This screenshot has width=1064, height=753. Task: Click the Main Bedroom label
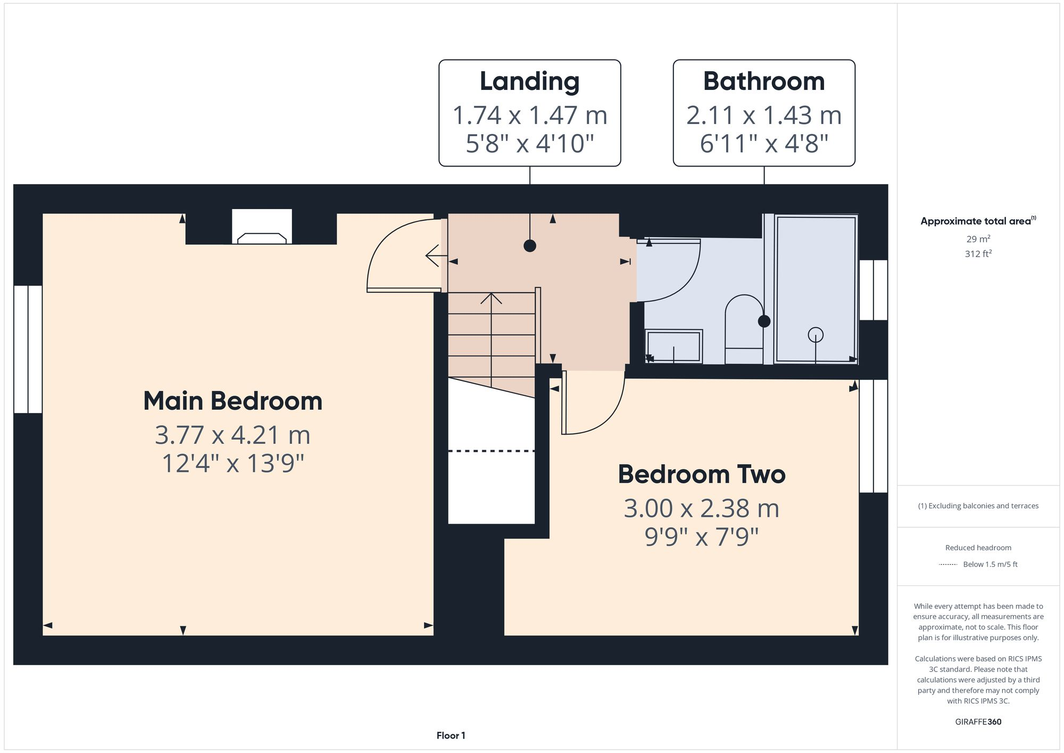click(232, 401)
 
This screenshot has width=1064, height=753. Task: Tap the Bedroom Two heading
click(701, 474)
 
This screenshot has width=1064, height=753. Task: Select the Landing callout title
click(529, 81)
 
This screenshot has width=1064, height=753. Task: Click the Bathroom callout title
click(763, 81)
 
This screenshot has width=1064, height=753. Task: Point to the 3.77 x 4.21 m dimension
click(232, 435)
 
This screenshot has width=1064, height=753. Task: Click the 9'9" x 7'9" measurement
click(701, 537)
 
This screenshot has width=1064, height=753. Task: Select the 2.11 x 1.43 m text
click(763, 115)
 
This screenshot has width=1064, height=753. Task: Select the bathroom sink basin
click(674, 346)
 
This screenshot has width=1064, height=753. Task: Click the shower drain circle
click(815, 335)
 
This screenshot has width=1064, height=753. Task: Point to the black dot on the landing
click(529, 246)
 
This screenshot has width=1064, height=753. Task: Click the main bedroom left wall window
click(28, 349)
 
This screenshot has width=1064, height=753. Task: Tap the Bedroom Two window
click(873, 435)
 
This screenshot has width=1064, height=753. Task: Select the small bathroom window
click(873, 290)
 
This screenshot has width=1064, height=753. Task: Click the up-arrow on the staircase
click(491, 299)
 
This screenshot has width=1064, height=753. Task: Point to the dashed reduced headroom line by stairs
click(491, 451)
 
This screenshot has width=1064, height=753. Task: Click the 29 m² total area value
click(978, 239)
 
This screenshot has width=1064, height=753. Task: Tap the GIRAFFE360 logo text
click(978, 722)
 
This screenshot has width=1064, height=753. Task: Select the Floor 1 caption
click(451, 735)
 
